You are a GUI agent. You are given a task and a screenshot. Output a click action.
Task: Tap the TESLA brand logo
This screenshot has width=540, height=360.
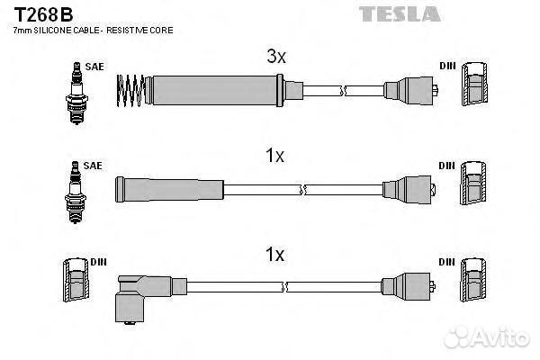(x=400, y=13)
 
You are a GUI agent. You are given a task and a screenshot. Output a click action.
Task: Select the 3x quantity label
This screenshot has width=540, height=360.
(x=275, y=58)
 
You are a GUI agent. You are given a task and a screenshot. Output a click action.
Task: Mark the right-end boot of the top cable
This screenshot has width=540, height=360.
(x=412, y=89)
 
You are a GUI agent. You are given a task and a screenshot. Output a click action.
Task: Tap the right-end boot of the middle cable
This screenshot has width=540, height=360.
(x=412, y=189)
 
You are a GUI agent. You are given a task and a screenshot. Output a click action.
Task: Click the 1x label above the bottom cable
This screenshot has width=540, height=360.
(x=275, y=256)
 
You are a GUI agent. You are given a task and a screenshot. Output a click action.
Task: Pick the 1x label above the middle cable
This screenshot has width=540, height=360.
(x=275, y=156)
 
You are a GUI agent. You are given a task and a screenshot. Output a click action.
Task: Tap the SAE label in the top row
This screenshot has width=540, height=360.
(x=93, y=67)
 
